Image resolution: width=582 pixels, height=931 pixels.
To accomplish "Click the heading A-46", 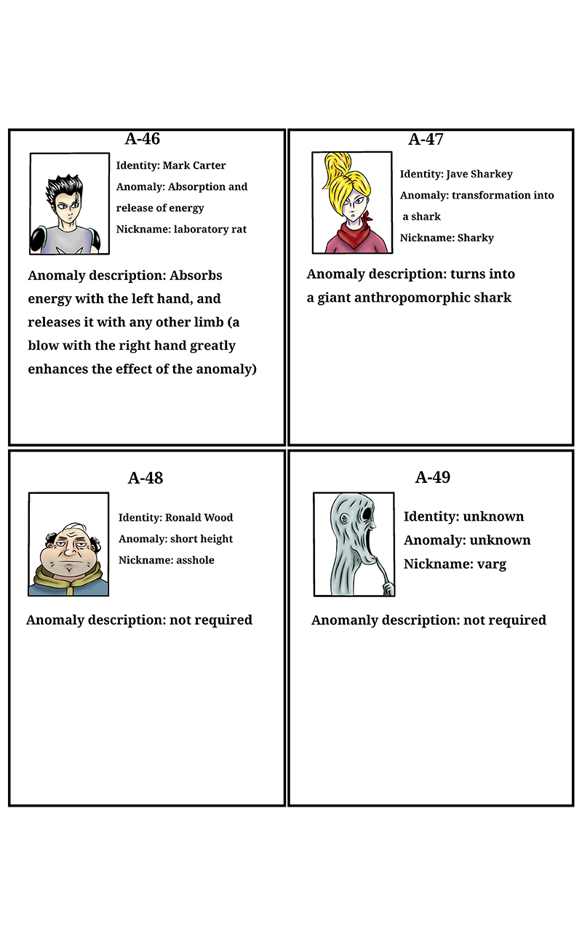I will [x=143, y=139].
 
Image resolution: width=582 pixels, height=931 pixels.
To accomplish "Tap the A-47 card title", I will [x=426, y=140].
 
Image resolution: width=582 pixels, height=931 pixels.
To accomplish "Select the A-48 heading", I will [x=145, y=478].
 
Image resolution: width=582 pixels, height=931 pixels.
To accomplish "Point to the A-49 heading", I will [x=433, y=477].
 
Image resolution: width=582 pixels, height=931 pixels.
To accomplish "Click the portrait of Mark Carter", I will [x=69, y=204].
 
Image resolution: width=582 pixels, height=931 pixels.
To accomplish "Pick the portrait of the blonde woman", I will [x=352, y=203].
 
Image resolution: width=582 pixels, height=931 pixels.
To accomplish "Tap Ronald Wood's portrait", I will [x=68, y=544].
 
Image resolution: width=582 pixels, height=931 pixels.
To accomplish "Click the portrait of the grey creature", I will [x=354, y=544].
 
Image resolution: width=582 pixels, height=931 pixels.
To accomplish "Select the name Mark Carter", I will [x=194, y=165].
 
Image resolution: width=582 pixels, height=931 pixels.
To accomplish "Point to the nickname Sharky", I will [x=476, y=238].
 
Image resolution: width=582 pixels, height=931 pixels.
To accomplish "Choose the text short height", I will [x=202, y=539].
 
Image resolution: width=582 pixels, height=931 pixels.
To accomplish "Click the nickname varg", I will [x=487, y=564].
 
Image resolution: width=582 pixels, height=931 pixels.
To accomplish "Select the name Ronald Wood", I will [x=199, y=518].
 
